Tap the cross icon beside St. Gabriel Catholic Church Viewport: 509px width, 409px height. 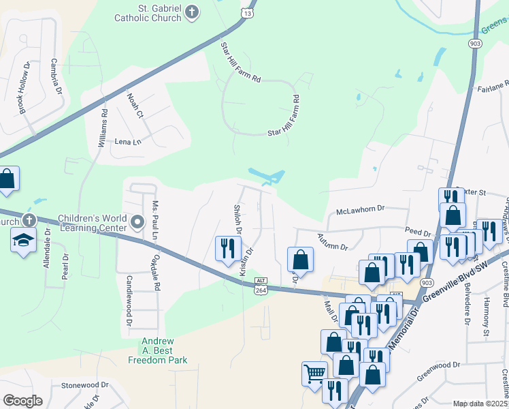click(x=193, y=12)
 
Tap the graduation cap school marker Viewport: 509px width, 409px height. click(x=23, y=240)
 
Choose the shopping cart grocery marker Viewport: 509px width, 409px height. click(x=314, y=373)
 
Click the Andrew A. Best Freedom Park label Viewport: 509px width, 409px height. click(x=163, y=350)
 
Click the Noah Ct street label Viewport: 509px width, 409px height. click(x=135, y=106)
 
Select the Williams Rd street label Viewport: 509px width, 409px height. click(x=102, y=127)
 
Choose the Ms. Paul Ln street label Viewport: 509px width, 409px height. click(x=155, y=220)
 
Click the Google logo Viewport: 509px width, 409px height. click(x=22, y=401)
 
